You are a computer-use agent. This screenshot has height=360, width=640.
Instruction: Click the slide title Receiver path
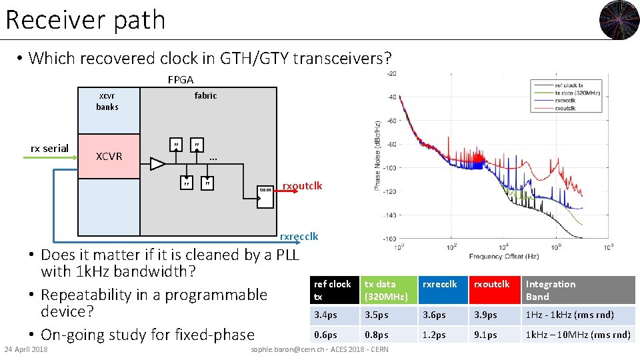(x=85, y=20)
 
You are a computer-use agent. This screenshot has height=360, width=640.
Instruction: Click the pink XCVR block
(x=109, y=156)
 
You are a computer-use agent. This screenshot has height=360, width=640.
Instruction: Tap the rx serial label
(x=50, y=148)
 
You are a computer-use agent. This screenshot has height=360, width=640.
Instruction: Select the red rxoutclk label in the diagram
(x=302, y=186)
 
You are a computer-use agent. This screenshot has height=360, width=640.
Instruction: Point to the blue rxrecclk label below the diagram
(x=299, y=236)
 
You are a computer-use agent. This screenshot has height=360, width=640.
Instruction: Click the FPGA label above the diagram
(x=180, y=80)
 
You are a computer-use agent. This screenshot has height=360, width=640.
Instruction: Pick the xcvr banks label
(x=107, y=101)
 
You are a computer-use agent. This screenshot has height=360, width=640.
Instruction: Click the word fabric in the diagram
(x=205, y=95)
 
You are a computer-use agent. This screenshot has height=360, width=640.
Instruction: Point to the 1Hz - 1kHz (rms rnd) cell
(x=577, y=315)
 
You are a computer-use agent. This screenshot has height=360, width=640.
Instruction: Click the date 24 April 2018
(x=26, y=350)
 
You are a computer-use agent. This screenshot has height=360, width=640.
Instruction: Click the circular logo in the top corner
(x=619, y=20)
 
